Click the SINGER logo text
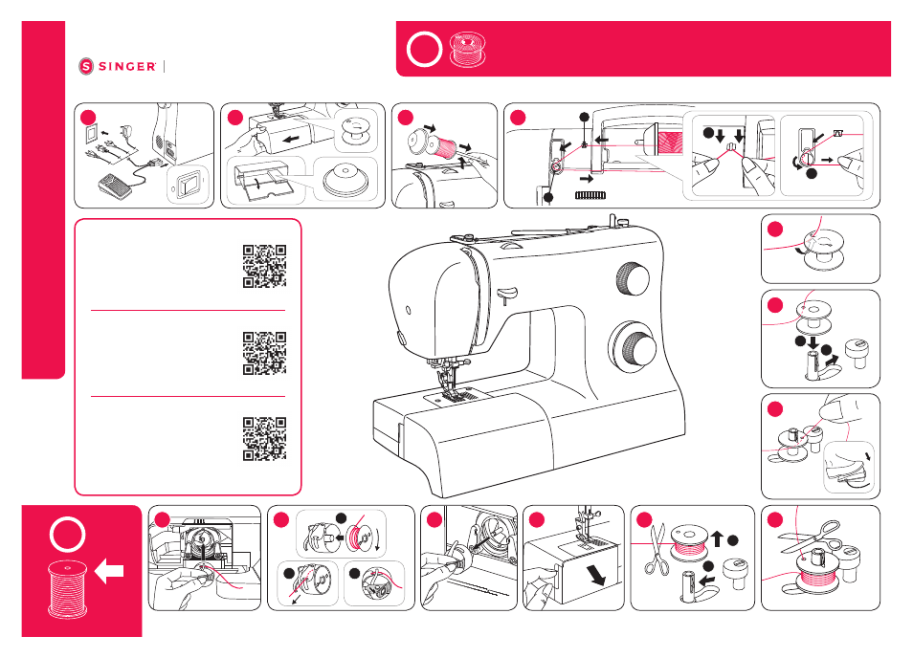(127, 66)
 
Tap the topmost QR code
(264, 267)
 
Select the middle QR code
(264, 353)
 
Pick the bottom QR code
(264, 439)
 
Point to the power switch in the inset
(188, 186)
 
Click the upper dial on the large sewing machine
(633, 278)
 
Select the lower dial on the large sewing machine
(635, 349)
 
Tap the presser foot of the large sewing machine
(453, 393)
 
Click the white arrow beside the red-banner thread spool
(109, 571)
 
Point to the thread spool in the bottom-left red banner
(68, 588)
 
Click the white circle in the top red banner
(425, 49)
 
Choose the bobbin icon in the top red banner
(468, 49)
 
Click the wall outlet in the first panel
(92, 135)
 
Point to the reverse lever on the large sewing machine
(506, 293)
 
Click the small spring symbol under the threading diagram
(590, 195)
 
